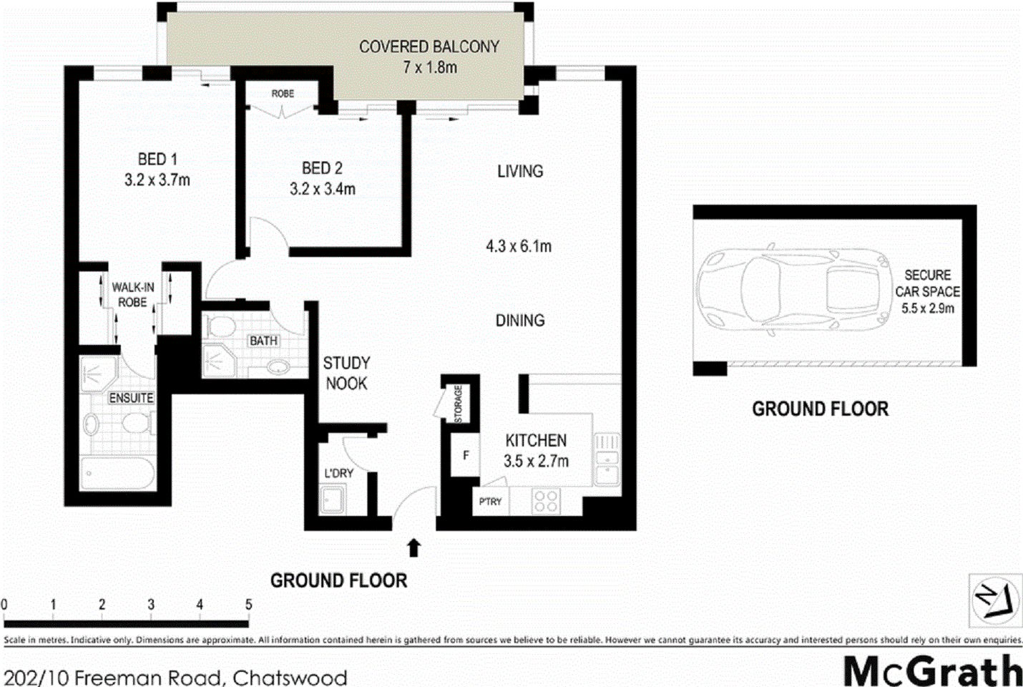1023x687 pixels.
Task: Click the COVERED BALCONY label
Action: pyautogui.click(x=429, y=47)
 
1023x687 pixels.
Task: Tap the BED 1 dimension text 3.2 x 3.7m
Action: pyautogui.click(x=157, y=180)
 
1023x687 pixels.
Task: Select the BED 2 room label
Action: pyautogui.click(x=322, y=168)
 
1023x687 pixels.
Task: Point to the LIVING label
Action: pyautogui.click(x=520, y=171)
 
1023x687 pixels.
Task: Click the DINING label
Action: pyautogui.click(x=520, y=321)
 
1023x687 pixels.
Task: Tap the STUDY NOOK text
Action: pyautogui.click(x=347, y=373)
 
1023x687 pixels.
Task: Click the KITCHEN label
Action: pyautogui.click(x=536, y=440)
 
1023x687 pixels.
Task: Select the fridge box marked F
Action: pyautogui.click(x=466, y=454)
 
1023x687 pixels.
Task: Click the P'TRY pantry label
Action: pyautogui.click(x=490, y=502)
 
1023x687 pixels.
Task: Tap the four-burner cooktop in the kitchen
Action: pyautogui.click(x=547, y=501)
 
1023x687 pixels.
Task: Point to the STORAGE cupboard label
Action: pyautogui.click(x=459, y=404)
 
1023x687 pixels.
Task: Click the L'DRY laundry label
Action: pyautogui.click(x=339, y=473)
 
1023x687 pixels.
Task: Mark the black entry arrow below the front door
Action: pyautogui.click(x=413, y=548)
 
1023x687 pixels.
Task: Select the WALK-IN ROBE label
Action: pyautogui.click(x=132, y=295)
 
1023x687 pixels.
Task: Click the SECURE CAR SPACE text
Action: pyautogui.click(x=927, y=291)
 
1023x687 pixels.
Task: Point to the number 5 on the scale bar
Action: pyautogui.click(x=248, y=605)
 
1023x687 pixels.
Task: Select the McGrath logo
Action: pyautogui.click(x=932, y=671)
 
